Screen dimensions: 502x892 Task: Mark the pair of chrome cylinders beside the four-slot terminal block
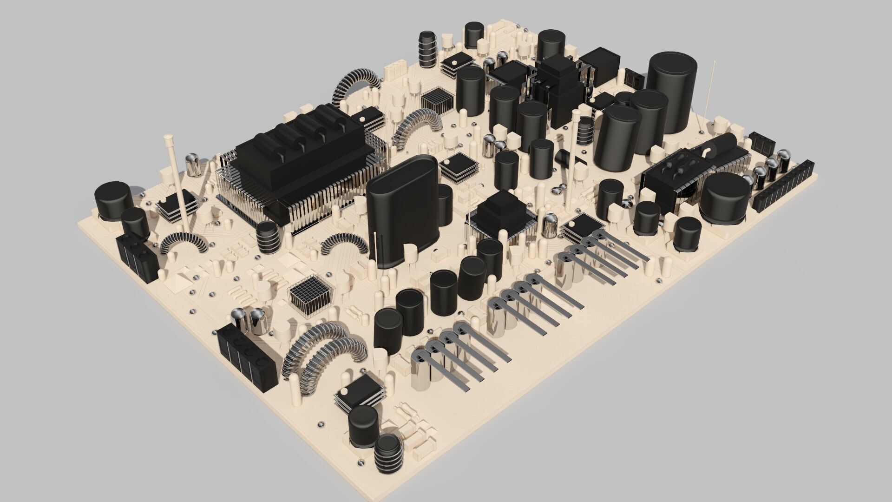coord(249,321)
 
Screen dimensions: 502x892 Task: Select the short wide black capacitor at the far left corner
coord(112,200)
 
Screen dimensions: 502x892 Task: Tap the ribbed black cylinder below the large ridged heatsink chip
coord(268,237)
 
